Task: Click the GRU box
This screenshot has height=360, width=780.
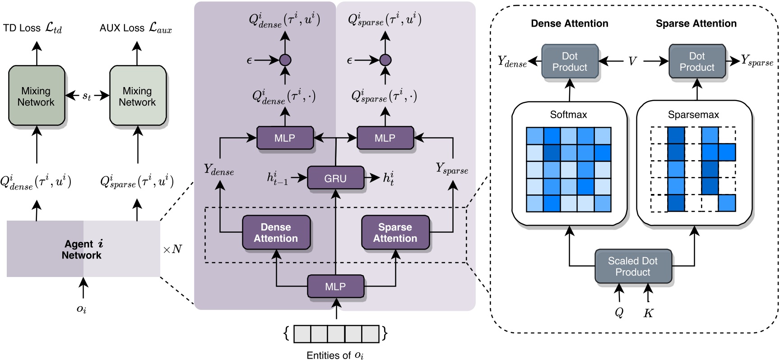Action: [335, 178]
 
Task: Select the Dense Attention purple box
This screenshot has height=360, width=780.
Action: [276, 233]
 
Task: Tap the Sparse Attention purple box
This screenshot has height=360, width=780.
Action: [395, 233]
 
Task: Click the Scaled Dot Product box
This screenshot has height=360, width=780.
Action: [632, 267]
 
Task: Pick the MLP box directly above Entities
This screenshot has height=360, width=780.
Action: [335, 286]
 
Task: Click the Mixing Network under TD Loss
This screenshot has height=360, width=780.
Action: [36, 96]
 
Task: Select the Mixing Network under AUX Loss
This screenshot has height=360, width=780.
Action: [137, 96]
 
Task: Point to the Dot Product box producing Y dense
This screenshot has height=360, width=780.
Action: [570, 61]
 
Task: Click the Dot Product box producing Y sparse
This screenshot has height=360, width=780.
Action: [696, 61]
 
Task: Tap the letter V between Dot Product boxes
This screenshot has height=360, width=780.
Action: [632, 61]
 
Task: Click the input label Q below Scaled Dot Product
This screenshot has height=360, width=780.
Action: [619, 313]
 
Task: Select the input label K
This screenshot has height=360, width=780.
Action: [648, 313]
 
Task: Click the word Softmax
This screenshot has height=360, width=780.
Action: [568, 115]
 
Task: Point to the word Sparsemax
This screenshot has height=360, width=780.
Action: [693, 115]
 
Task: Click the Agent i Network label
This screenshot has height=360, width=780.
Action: [83, 249]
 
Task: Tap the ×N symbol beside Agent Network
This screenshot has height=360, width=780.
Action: [172, 249]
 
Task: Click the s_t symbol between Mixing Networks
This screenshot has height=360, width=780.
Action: [87, 96]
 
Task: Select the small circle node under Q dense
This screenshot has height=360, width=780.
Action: [285, 60]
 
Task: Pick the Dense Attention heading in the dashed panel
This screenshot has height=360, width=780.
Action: [569, 23]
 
